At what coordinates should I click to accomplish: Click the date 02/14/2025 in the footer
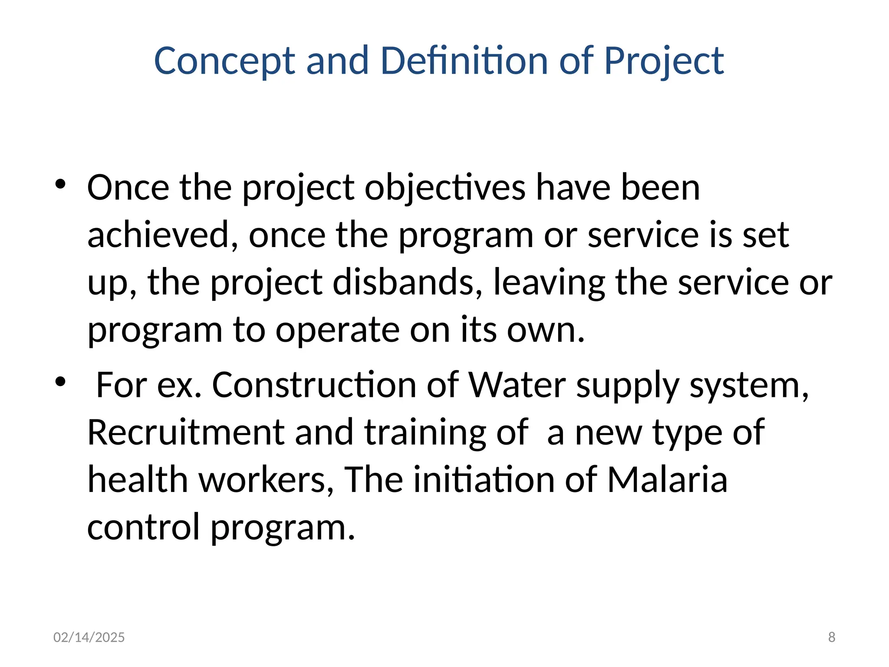point(89,637)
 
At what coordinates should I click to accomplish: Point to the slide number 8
point(832,637)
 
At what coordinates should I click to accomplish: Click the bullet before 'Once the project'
point(60,184)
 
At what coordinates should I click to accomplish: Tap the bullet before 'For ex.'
point(60,382)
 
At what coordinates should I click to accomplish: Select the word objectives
point(445,188)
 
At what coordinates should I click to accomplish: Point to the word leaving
point(549,283)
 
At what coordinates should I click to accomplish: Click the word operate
point(337,330)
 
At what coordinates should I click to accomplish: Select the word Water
point(517,386)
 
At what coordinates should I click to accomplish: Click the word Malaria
point(667,480)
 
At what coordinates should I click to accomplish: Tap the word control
point(143,528)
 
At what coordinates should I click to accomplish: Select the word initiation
point(484,480)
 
